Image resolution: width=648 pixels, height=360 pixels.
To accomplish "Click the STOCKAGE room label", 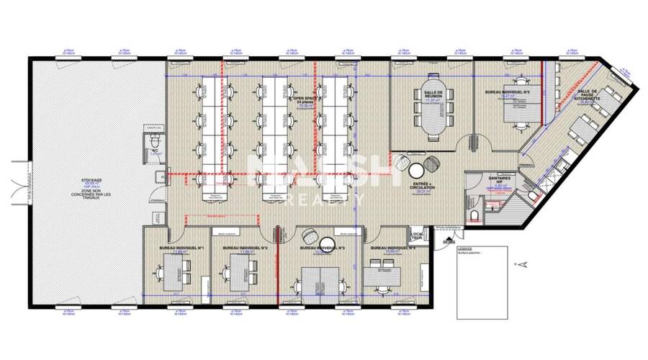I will [x=91, y=181].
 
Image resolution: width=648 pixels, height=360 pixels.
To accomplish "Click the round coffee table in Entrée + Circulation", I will [x=417, y=171].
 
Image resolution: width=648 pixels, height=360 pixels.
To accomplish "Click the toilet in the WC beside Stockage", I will [x=153, y=141].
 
